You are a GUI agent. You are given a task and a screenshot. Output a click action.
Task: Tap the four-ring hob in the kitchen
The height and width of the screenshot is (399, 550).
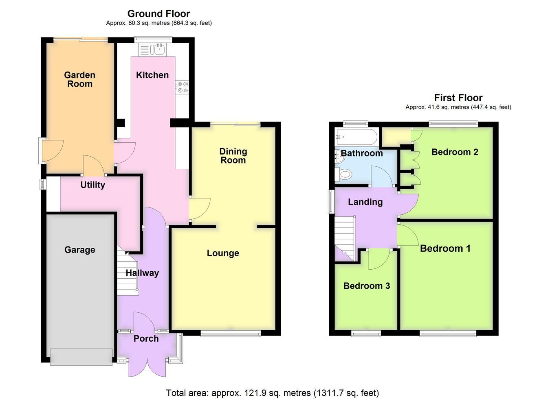coord(182,87)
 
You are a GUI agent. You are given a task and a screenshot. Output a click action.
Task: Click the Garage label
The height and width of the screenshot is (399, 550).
coord(79,250)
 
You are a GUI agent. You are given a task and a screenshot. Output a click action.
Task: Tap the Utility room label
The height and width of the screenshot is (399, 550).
coord(93,185)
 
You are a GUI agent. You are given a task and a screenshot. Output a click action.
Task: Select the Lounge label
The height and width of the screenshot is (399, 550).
coord(223,253)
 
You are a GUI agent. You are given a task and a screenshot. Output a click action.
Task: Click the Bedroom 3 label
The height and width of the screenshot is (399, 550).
coord(367,286)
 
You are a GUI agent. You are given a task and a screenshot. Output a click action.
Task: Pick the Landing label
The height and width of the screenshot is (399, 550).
coord(365,202)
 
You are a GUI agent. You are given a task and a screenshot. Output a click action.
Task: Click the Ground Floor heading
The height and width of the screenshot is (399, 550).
coord(158,13)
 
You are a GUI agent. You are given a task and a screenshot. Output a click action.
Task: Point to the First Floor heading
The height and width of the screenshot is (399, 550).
coord(458,98)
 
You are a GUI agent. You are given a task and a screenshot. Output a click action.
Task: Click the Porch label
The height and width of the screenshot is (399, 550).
coord(146,339)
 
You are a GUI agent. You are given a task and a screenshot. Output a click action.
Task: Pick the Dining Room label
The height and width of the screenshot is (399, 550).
coord(233,156)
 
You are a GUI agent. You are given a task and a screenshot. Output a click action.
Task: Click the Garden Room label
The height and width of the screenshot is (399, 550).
coord(79,79)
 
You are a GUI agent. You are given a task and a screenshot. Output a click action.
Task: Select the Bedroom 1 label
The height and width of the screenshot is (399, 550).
coord(445,249)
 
